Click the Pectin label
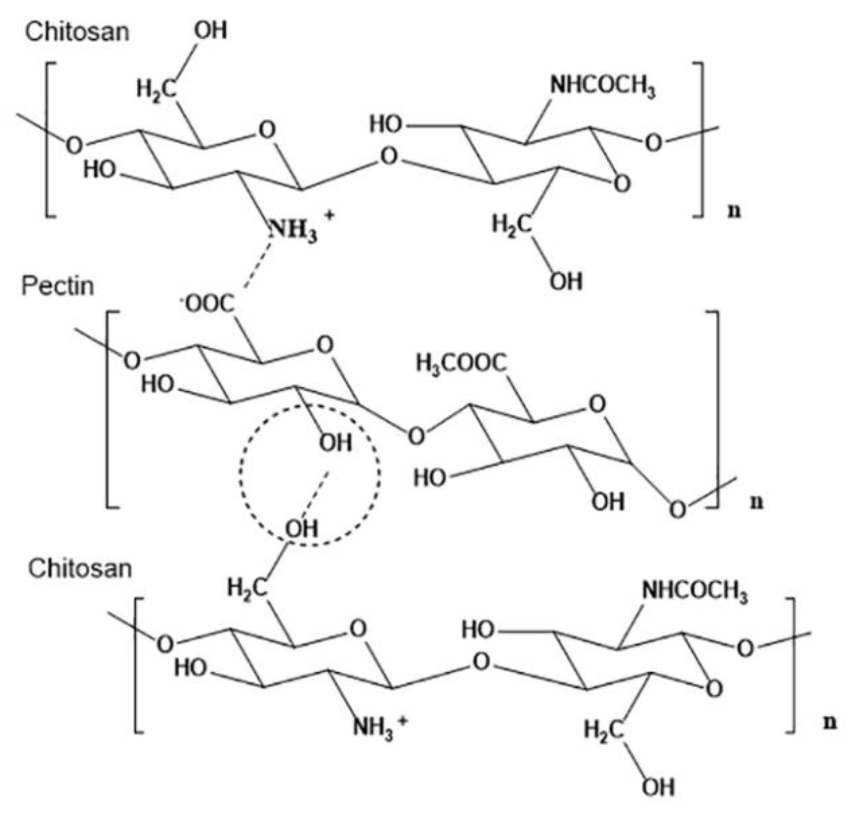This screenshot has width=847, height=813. point(58,286)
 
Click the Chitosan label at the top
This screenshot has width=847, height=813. point(77,32)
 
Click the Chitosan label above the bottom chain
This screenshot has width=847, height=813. point(80,568)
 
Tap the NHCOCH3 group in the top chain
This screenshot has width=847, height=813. point(602,87)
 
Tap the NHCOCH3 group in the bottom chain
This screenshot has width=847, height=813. point(694,591)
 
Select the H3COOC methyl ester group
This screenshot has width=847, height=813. point(461,363)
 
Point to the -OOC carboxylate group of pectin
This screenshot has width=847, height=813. point(209,303)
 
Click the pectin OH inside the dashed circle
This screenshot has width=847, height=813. point(336,443)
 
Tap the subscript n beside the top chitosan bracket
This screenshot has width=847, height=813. point(734,211)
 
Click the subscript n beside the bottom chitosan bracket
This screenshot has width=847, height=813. point(830,722)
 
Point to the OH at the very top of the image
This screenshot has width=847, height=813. point(210,31)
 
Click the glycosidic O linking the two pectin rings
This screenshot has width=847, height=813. point(416,436)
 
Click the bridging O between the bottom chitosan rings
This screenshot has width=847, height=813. point(480,662)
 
